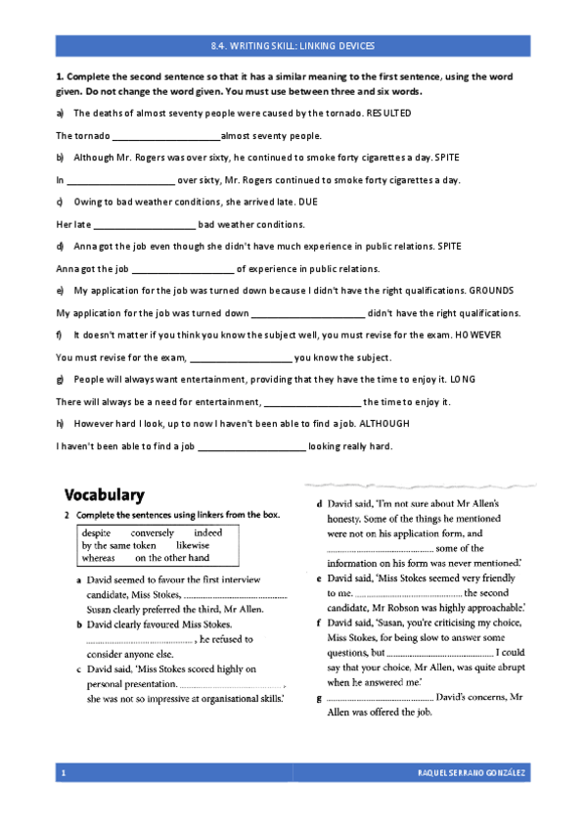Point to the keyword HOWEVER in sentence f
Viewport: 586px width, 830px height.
[477, 335]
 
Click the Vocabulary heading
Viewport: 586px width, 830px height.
[105, 495]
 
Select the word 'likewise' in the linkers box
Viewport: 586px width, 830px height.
[193, 545]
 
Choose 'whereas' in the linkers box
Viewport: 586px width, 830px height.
[99, 558]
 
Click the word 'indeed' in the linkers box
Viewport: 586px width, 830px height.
[208, 533]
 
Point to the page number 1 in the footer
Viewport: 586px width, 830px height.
[64, 774]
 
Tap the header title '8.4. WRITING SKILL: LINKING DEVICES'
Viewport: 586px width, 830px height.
[293, 46]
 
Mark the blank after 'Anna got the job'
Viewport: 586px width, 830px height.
[183, 269]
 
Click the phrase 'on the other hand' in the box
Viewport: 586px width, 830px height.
[172, 558]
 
